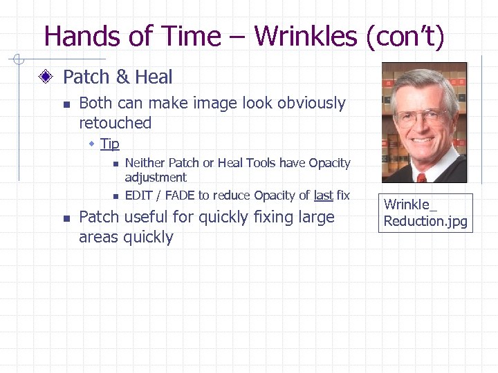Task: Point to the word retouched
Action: tap(115, 123)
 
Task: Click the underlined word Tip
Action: tap(109, 144)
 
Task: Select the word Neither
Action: tap(145, 163)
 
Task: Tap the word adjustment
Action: tap(156, 178)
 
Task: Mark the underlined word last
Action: tap(323, 195)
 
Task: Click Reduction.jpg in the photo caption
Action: tap(425, 221)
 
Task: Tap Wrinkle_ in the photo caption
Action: tap(410, 204)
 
